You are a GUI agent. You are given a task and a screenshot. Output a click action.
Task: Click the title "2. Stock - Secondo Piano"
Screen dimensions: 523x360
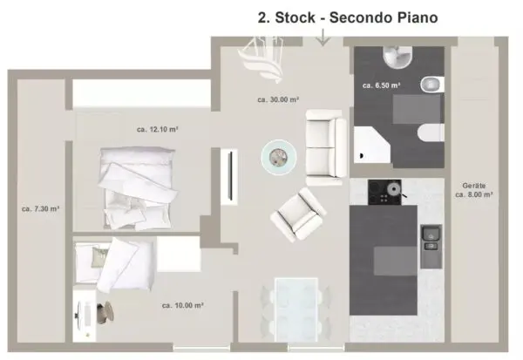pos(348,17)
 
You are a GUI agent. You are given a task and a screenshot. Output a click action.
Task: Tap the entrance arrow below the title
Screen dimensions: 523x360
pos(323,37)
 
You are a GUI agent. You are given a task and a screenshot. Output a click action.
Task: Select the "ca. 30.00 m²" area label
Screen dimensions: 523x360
pos(278,99)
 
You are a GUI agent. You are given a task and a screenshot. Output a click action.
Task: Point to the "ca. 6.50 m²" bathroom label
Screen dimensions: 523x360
pos(382,85)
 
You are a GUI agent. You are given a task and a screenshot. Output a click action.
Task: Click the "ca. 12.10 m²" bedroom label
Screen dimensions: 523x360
pos(158,129)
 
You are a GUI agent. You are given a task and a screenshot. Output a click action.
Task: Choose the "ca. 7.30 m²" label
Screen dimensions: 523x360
pos(40,209)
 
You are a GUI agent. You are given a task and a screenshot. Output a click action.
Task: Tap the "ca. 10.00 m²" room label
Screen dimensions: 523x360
pos(183,305)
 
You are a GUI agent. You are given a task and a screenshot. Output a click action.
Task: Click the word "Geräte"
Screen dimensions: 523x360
pos(474,186)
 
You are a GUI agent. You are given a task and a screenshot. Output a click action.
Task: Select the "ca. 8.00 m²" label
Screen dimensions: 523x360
pos(474,194)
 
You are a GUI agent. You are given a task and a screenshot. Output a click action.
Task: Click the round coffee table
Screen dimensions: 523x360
pos(279,157)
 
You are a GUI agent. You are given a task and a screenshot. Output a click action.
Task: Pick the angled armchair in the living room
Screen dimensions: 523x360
pos(298,214)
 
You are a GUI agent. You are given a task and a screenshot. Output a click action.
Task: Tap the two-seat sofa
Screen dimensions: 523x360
pos(325,147)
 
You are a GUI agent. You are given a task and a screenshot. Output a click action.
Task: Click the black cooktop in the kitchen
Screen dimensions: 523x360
pos(385,192)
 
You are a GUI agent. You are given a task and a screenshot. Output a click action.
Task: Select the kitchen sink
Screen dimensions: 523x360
pos(431,246)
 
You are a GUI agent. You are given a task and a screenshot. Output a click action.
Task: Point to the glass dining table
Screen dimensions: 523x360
pos(295,309)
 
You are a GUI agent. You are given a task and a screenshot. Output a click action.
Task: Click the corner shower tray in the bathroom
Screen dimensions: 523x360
pos(371,145)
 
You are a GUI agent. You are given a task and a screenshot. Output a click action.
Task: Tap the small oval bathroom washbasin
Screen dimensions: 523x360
pos(432,84)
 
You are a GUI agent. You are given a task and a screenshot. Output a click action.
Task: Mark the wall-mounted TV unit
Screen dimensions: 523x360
pos(229,176)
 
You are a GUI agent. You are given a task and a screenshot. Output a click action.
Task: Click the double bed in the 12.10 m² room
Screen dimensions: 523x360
pos(138,188)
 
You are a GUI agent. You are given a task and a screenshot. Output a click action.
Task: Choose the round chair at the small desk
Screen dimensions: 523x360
pos(105,312)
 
